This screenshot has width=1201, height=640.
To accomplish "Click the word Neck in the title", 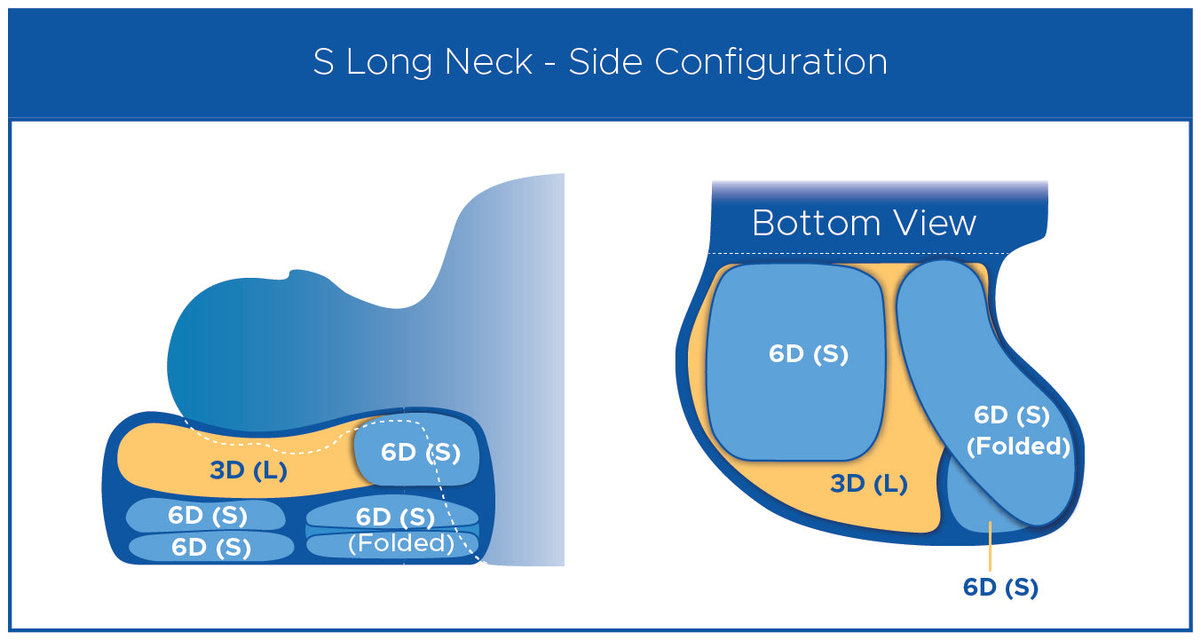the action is pos(488,61).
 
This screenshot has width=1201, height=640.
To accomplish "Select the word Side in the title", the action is pos(605,61).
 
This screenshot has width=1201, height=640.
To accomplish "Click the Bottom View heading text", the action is pos(864,223).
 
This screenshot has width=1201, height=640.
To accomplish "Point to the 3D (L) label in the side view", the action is pos(249,470).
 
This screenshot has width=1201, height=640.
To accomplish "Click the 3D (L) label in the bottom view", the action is pos(869,484).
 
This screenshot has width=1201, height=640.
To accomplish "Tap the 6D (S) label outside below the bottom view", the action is pos(1000,588).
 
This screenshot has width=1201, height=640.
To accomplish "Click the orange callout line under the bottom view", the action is pos(990,546).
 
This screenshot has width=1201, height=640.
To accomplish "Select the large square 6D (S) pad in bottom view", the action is pos(795,362).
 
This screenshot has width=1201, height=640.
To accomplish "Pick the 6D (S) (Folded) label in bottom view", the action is pos(1017,431).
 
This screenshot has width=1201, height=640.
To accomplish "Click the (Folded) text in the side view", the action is pos(401,543).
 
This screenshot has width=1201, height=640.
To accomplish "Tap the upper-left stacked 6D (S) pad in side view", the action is pos(206,515).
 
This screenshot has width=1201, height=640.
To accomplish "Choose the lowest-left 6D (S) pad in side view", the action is pos(211,548).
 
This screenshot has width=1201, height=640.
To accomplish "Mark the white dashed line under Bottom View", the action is pos(859,253).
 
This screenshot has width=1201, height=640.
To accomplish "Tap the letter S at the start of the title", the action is pos(324,62).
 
